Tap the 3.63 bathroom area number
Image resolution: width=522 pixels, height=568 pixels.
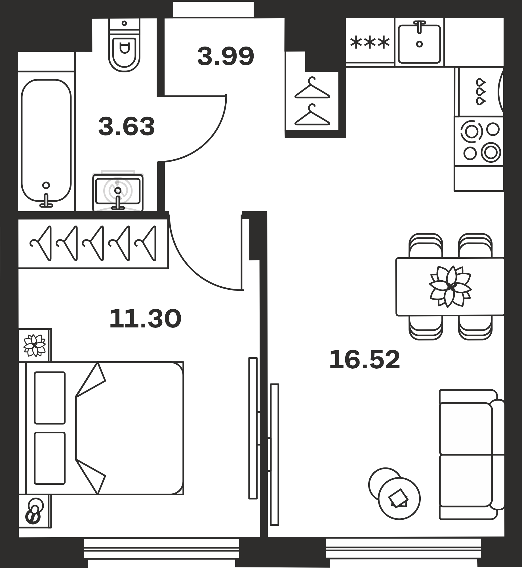point(127,126)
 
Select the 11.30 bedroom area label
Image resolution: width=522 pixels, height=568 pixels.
point(145,319)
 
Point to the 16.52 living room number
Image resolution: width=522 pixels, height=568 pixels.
point(365,360)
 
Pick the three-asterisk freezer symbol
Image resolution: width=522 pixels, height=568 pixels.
point(370,43)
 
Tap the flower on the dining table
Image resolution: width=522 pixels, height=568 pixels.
point(451,286)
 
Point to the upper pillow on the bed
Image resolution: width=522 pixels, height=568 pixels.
point(50,398)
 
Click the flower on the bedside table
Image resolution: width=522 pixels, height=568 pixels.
point(35,345)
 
